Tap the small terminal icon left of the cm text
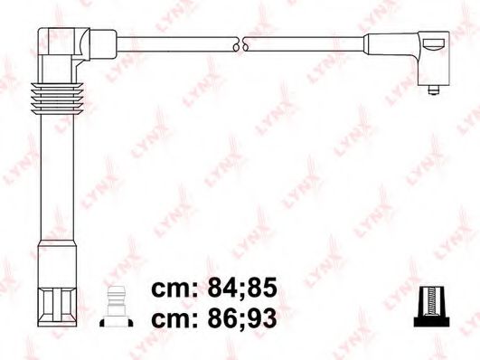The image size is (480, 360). (x=115, y=304)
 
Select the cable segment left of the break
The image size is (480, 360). (x=172, y=43)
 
